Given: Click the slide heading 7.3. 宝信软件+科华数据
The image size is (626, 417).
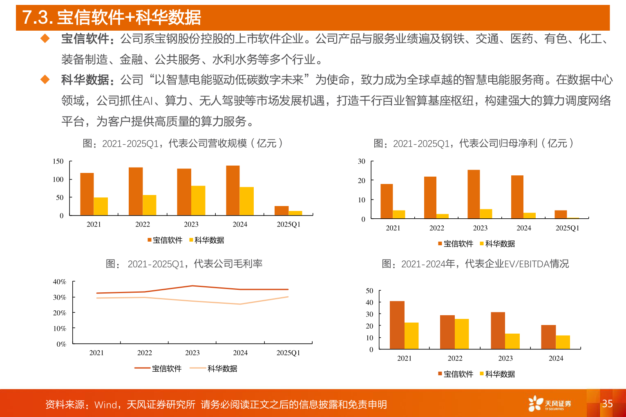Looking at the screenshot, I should point(112,18).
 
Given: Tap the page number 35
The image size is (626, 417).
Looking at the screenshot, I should point(607,404).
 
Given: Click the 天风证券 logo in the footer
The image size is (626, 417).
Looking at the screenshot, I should point(550,404).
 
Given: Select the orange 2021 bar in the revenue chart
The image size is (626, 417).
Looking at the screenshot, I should point(87,194).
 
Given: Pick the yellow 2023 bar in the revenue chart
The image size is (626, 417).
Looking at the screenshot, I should point(198,201).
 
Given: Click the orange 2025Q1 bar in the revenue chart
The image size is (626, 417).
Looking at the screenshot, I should point(282,211).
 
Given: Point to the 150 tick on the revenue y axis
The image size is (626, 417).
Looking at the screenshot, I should point(58,161).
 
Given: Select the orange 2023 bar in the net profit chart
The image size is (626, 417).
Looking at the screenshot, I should point(474,194).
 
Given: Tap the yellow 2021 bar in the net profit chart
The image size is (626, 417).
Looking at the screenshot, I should point(399,214).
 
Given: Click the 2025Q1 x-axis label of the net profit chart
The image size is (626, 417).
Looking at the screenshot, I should point(567,228).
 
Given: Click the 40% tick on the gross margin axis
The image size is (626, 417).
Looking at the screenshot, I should point(60,282).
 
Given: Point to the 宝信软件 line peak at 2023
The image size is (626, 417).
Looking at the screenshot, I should point(192,286).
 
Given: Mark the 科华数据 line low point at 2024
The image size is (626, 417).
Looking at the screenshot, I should point(240,304).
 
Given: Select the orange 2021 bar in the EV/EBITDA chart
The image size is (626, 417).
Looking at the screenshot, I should point(397,325).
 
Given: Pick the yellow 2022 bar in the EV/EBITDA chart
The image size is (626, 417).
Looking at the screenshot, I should point(462,334).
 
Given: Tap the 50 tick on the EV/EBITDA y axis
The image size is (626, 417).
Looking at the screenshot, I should point(369,291).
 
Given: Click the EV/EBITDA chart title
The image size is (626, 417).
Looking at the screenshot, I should point(475,264).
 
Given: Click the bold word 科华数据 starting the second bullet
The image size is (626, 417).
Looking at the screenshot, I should point(85,80).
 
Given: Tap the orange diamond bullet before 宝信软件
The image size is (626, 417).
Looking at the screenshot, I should point(45,39).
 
